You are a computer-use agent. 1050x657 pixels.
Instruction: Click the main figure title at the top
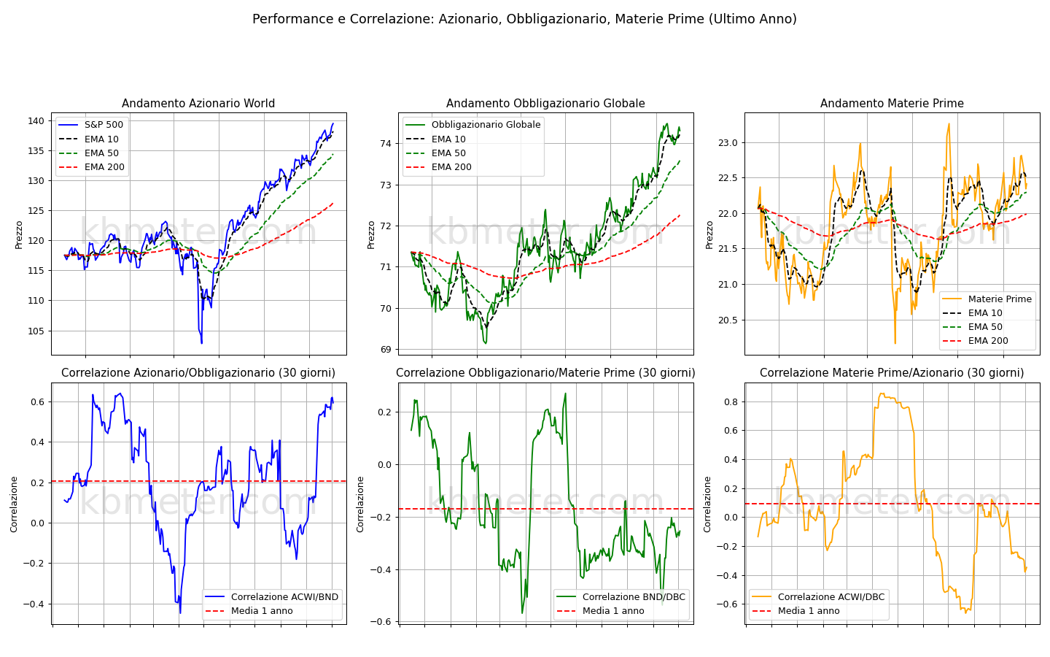coord(524,19)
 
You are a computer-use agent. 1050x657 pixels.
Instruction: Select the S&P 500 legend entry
coord(92,125)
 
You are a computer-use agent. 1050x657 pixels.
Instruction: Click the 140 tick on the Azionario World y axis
coord(36,121)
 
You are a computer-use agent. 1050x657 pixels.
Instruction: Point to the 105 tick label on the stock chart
coord(36,331)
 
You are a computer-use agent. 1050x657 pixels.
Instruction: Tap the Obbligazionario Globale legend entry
coord(473,125)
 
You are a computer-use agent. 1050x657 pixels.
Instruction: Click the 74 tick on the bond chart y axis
coord(386,144)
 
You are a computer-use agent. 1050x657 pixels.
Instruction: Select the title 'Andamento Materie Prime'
coord(892,104)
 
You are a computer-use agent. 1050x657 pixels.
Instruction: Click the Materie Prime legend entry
coord(987,299)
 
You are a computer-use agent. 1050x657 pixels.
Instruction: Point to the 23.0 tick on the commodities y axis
coord(728,143)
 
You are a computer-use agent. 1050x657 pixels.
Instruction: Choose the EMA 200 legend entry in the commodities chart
coord(975,341)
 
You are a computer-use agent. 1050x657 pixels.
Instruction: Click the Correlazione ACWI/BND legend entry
coord(272,597)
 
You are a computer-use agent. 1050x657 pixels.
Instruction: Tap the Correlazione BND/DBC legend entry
coord(621,597)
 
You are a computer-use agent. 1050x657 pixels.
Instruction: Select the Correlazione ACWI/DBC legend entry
coord(818,597)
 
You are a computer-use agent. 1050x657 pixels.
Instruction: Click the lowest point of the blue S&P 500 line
coord(201,343)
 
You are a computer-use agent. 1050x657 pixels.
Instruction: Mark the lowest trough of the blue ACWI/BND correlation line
coord(180,613)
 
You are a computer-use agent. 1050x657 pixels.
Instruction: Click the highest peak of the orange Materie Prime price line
coord(949,124)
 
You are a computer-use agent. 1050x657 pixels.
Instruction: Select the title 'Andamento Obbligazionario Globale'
coord(545,104)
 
